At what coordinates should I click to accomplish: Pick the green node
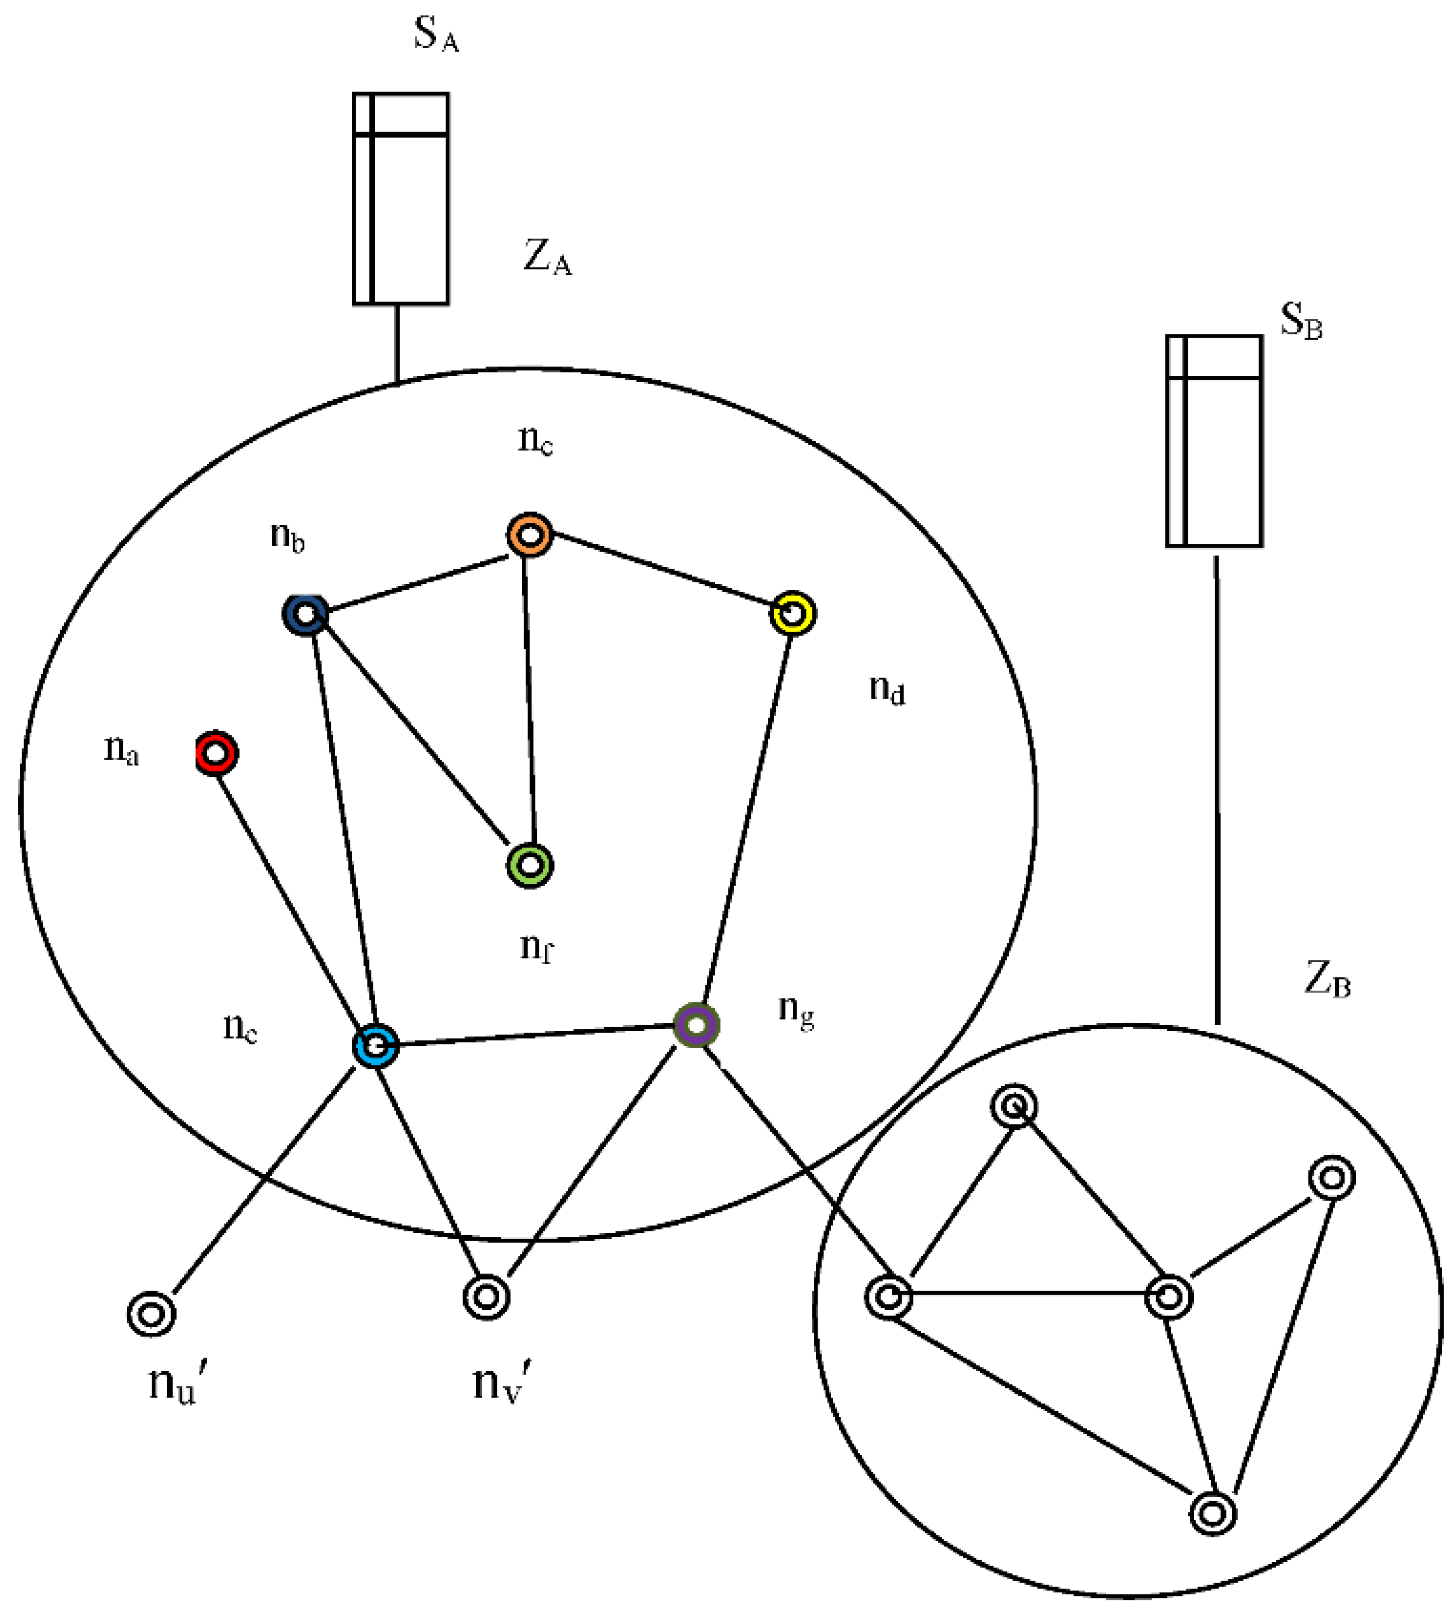[530, 865]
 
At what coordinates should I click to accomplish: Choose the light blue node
[375, 1045]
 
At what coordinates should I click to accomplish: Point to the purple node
[696, 1025]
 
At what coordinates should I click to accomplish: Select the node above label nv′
[486, 1297]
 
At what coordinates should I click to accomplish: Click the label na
[121, 749]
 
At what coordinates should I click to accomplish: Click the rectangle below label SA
[401, 199]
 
